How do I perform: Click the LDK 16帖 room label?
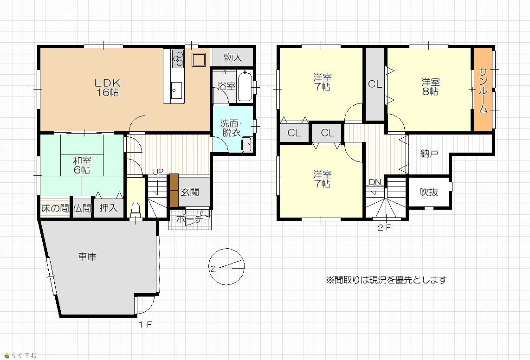(108, 88)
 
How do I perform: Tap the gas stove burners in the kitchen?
(178, 59)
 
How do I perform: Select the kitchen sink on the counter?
(176, 90)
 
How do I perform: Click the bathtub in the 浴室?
(245, 87)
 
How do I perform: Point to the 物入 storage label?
(233, 58)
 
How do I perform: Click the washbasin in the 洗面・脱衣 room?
(247, 145)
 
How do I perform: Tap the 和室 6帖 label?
(82, 165)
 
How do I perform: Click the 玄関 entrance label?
(190, 192)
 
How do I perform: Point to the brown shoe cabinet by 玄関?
(174, 190)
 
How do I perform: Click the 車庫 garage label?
(88, 257)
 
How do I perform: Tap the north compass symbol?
(226, 267)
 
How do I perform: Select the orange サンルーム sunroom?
(483, 90)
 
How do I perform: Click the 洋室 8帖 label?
(430, 87)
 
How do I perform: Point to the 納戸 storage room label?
(429, 154)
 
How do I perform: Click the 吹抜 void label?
(429, 192)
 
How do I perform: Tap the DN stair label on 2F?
(375, 182)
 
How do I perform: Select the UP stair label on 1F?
(158, 172)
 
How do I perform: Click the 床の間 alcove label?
(55, 208)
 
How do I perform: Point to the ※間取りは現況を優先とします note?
(386, 280)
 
